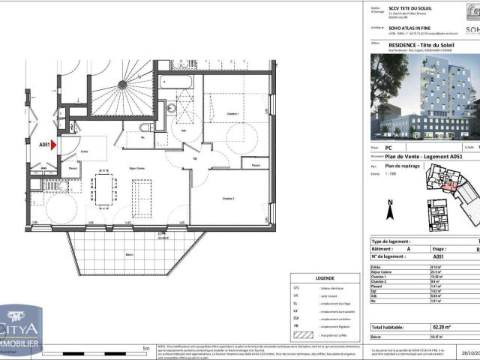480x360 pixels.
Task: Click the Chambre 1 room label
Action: [233, 113]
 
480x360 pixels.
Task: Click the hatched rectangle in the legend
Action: [306, 335]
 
